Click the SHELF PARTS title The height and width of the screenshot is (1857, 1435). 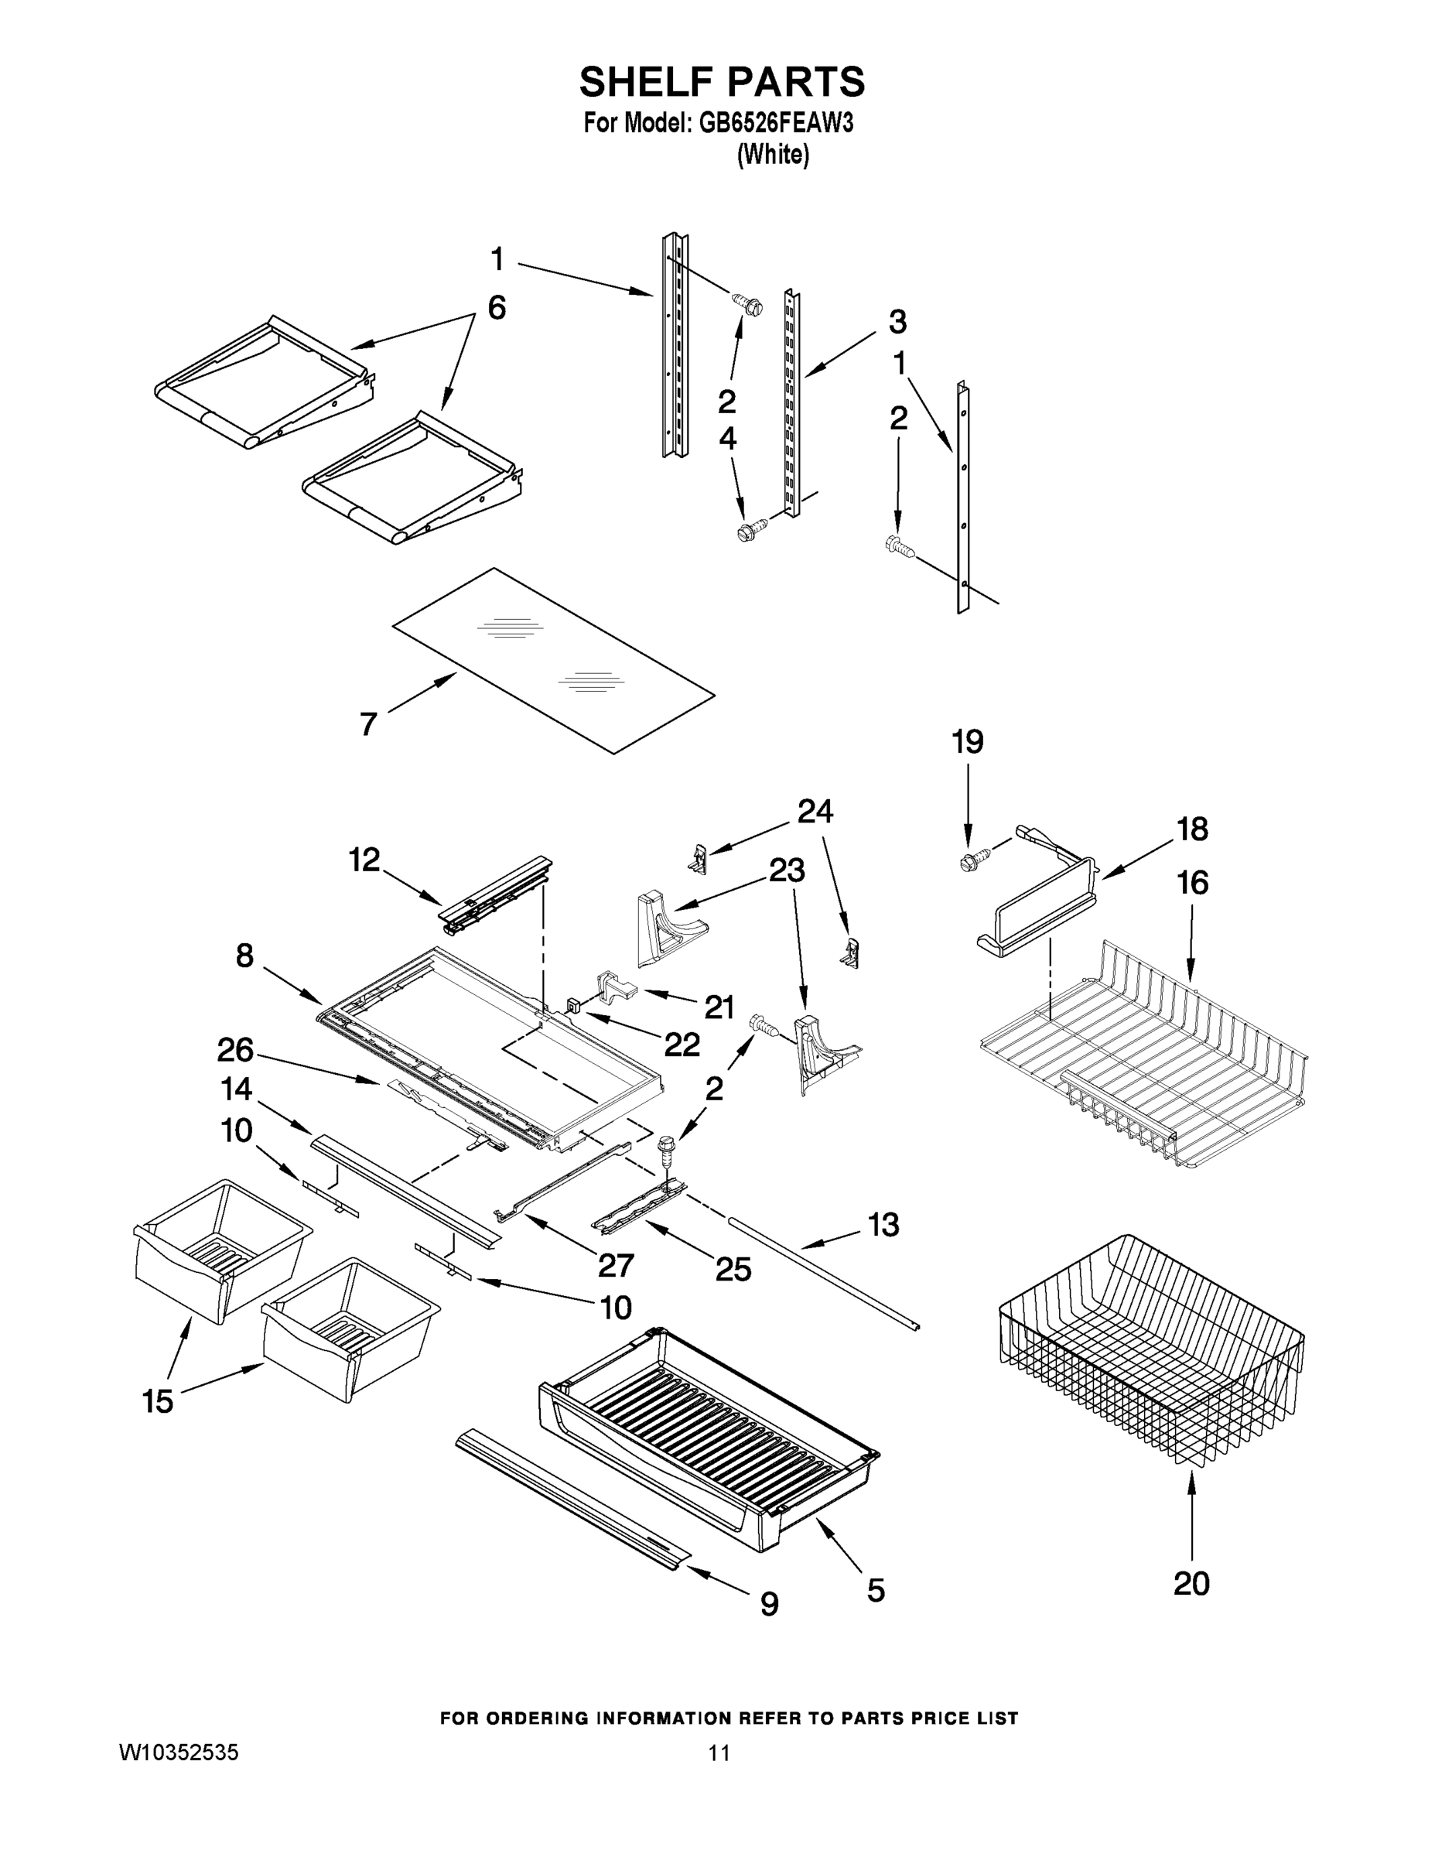722,83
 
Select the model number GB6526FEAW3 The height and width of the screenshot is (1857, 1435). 775,124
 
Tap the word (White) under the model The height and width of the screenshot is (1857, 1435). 772,155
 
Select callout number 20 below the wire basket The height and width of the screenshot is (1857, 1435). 1191,1583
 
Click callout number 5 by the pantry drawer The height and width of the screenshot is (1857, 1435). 876,1589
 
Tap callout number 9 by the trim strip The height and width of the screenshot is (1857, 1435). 768,1604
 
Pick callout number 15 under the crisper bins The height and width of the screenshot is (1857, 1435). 158,1401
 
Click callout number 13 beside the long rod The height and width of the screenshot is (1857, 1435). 883,1226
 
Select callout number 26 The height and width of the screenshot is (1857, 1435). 235,1050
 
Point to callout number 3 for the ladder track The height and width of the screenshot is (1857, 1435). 897,322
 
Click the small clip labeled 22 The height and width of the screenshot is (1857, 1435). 573,1006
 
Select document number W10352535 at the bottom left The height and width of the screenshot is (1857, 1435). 179,1753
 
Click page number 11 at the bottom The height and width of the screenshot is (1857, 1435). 719,1753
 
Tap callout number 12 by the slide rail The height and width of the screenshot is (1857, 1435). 364,860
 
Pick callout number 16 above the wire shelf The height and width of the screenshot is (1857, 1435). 1192,883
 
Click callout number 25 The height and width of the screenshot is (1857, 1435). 733,1270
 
